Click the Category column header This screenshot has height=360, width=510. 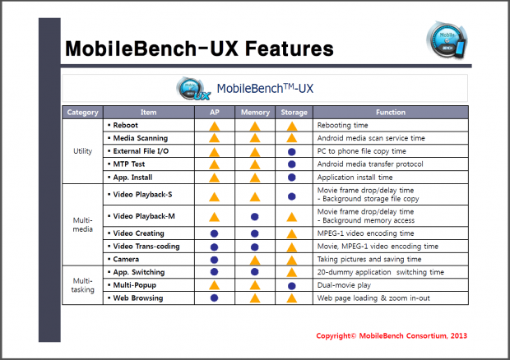[83, 112]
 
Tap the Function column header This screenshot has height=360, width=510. [391, 112]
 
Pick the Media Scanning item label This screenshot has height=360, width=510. [140, 138]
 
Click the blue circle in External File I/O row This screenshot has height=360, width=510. [291, 151]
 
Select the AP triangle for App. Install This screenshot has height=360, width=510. [214, 177]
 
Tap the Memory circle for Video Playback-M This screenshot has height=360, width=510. [255, 216]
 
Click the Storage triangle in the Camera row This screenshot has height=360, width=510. [291, 259]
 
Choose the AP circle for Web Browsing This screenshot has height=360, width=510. [214, 298]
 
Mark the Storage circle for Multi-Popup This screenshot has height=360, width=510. [291, 285]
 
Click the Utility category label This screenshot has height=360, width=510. [83, 151]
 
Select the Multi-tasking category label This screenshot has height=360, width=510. [83, 284]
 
